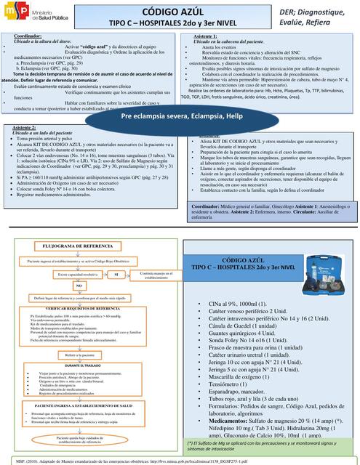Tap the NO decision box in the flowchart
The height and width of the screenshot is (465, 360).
click(78, 286)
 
